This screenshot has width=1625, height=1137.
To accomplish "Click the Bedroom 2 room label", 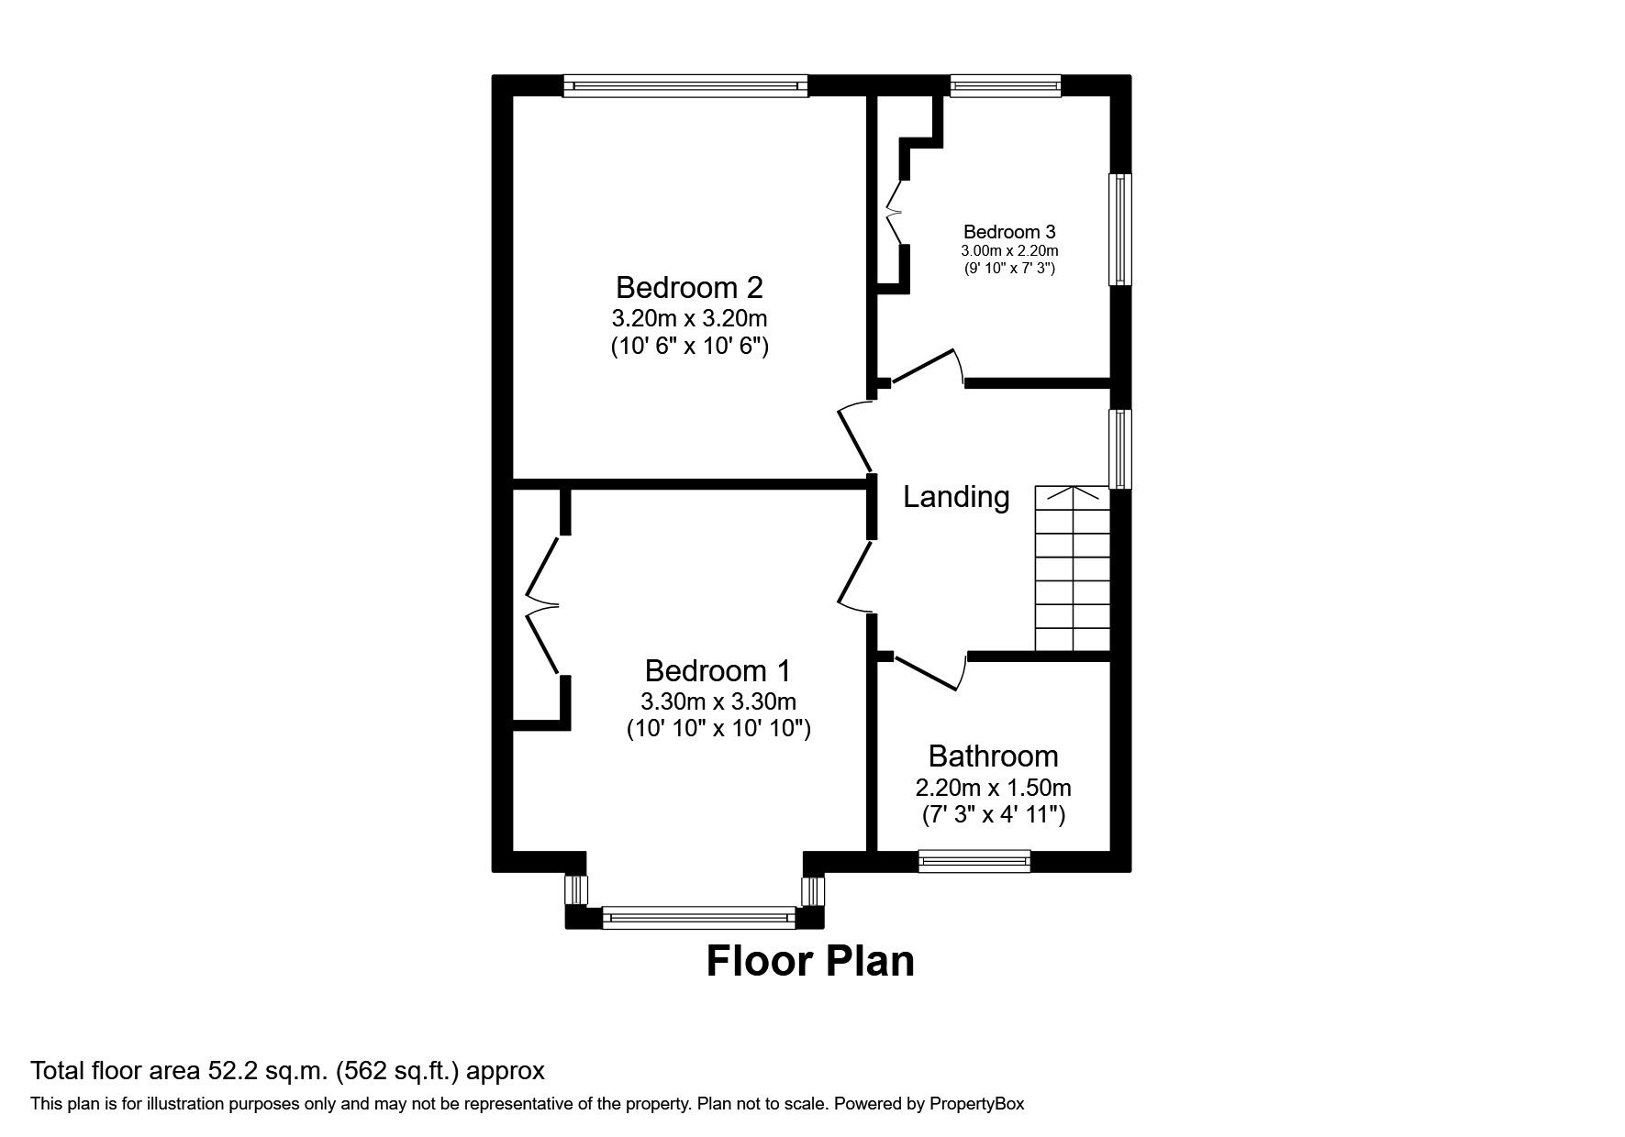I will (x=689, y=288).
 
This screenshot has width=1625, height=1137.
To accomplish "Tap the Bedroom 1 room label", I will (x=718, y=671).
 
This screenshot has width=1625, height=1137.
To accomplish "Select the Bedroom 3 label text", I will (x=1009, y=232).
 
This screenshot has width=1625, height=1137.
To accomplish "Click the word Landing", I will (x=956, y=497).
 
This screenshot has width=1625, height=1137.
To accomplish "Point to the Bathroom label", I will (x=993, y=756).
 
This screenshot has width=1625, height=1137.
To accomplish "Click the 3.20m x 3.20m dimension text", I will (x=689, y=319).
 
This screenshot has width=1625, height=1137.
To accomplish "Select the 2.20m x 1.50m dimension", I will (x=993, y=788).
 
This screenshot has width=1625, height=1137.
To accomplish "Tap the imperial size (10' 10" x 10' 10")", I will (x=718, y=729).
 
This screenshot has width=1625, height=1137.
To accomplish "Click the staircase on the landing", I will (x=1073, y=568).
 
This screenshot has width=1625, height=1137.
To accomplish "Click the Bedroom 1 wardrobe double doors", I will (x=541, y=606).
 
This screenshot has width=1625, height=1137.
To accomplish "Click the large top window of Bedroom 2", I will (x=685, y=86).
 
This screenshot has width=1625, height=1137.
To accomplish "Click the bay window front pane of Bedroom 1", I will (x=699, y=917).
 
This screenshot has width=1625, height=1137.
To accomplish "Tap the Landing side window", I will (x=1120, y=448).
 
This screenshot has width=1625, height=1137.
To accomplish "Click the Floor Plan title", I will (x=810, y=961).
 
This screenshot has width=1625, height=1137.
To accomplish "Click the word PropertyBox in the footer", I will (x=976, y=1104).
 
